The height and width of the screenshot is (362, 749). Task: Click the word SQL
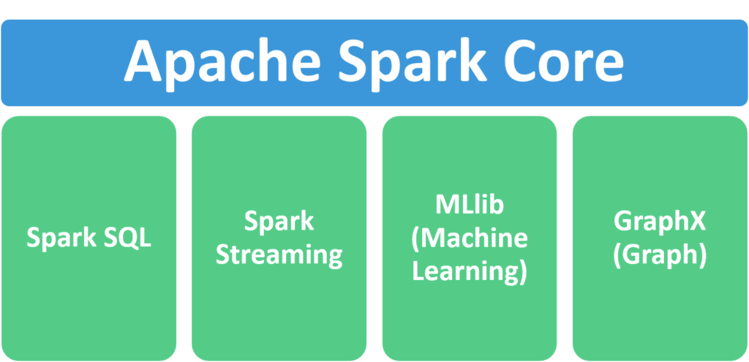[127, 238]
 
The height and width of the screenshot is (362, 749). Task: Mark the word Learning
[465, 271]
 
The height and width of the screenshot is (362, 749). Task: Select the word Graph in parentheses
[660, 254]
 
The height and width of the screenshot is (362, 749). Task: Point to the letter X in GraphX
[699, 221]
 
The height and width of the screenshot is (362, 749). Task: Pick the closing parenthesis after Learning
[522, 271]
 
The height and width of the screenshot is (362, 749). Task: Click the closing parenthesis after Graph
[701, 254]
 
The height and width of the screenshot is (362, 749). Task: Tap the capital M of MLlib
[443, 205]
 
